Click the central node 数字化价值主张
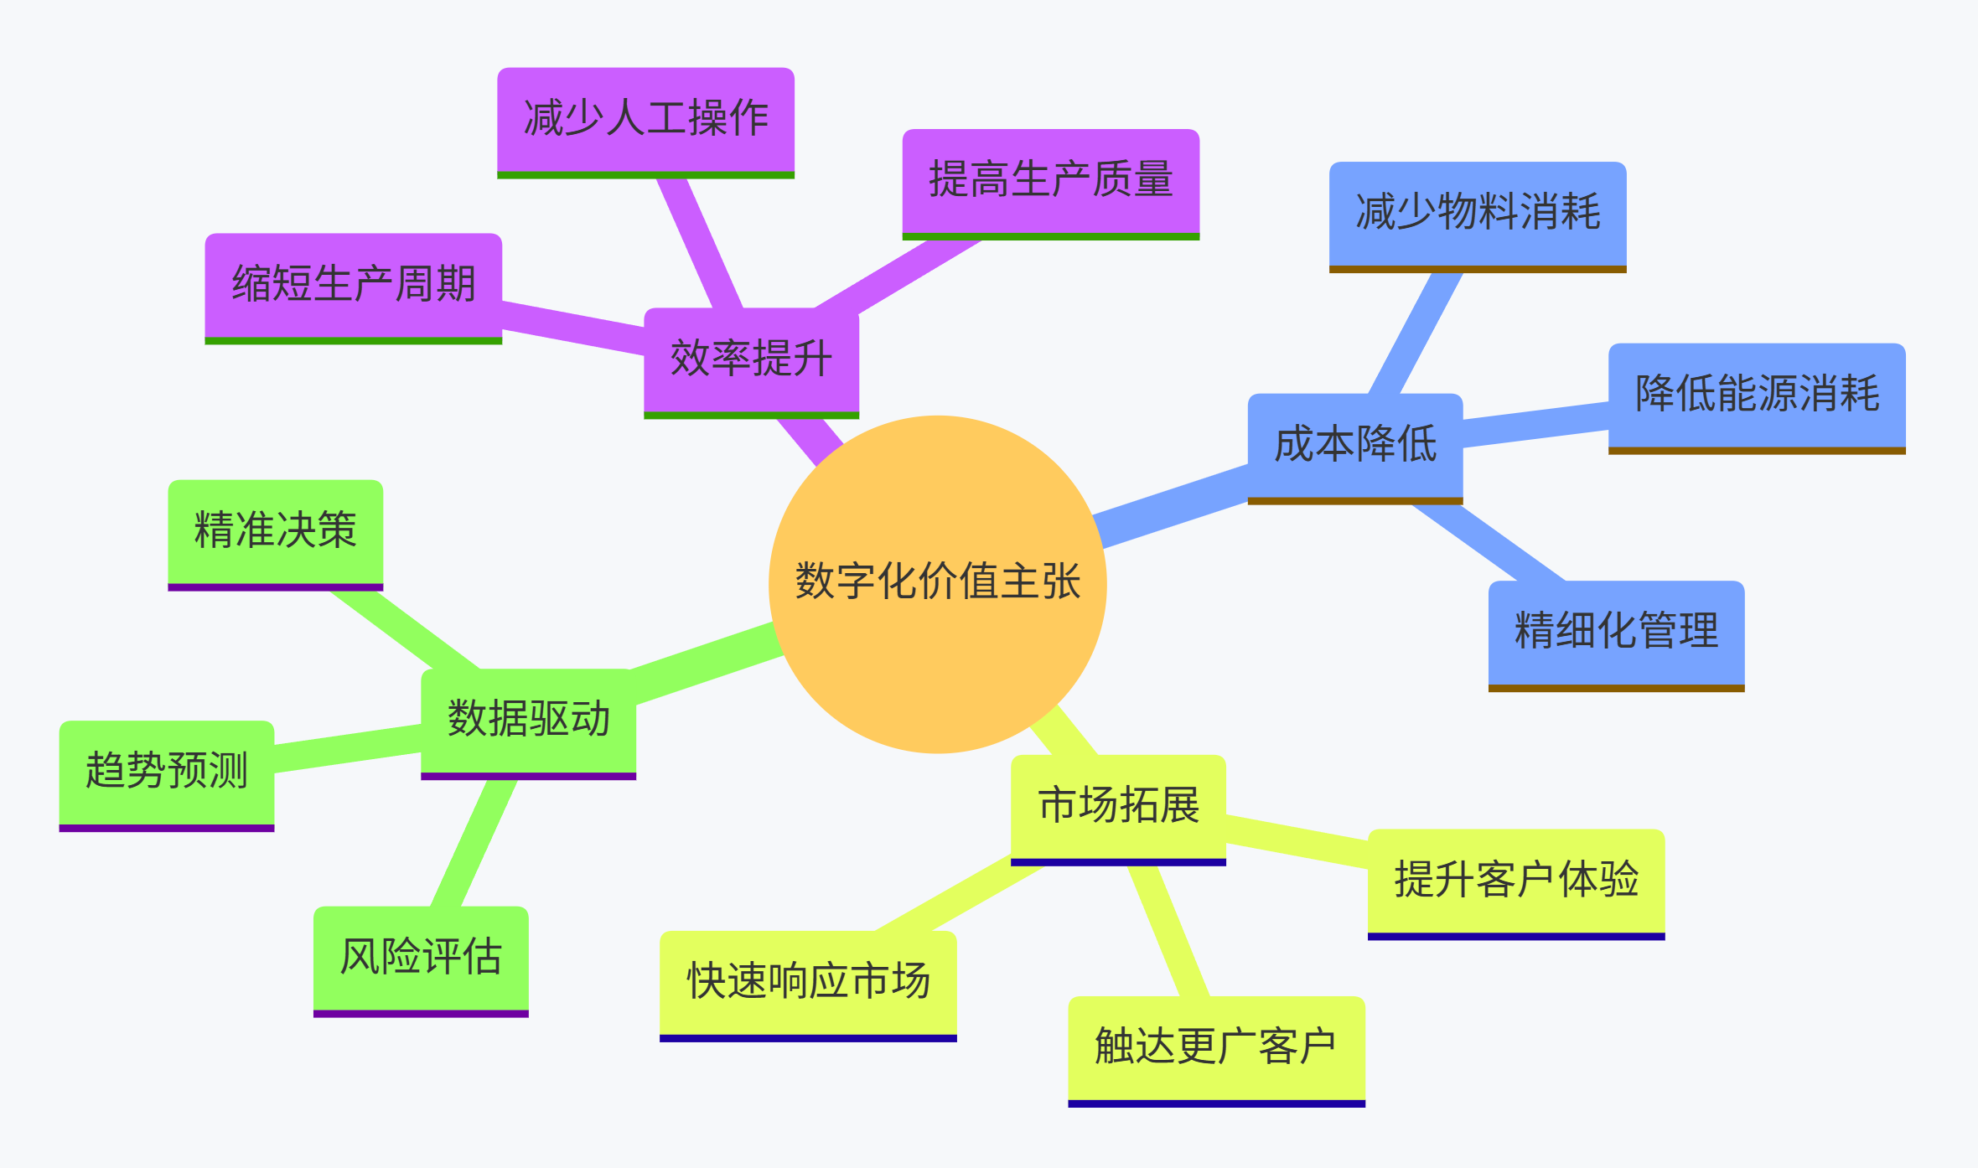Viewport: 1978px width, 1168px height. [x=937, y=583]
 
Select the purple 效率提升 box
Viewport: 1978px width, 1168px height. [x=751, y=359]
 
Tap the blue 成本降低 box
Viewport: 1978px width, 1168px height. [x=1354, y=445]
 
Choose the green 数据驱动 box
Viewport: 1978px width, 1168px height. [x=528, y=720]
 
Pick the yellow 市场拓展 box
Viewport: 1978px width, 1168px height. [x=1118, y=806]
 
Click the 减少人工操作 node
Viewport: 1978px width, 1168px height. [x=645, y=119]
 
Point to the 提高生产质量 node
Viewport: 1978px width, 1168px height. [x=1050, y=180]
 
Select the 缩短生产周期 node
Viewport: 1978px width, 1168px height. [x=353, y=285]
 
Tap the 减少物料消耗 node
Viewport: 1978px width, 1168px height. [x=1478, y=213]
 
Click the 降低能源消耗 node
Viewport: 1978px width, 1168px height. [x=1757, y=395]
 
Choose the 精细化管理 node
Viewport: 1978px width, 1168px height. [x=1616, y=632]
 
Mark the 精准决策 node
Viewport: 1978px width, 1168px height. [x=275, y=531]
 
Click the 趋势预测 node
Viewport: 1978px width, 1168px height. [x=166, y=772]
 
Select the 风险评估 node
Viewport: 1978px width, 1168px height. [x=421, y=958]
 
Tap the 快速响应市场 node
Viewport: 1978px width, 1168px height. [x=808, y=982]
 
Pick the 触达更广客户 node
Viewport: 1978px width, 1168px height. [x=1216, y=1047]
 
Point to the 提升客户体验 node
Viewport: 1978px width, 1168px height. [x=1516, y=881]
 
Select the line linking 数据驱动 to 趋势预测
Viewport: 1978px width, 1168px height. [x=348, y=748]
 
